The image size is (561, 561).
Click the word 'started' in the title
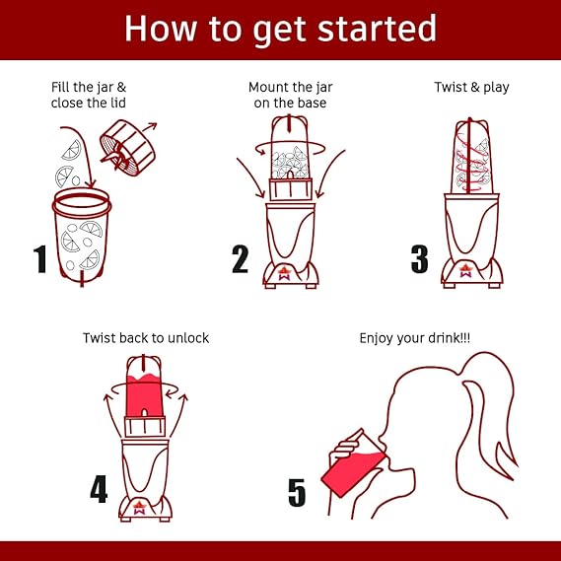point(377,29)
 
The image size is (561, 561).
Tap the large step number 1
point(40,258)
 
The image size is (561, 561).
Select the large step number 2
point(240,259)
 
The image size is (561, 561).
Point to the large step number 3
point(419,259)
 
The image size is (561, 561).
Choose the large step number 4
point(99,489)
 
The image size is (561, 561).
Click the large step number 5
point(297,493)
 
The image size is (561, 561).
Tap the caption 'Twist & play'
point(471,88)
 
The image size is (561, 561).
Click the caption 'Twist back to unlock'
point(146,338)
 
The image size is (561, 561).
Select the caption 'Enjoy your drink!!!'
point(414,338)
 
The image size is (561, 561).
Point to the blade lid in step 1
point(127,148)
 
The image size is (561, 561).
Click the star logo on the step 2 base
point(284,273)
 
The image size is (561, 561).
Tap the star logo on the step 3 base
point(465,270)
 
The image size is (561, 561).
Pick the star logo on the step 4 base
point(140,508)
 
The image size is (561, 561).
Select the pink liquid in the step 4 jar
point(144,395)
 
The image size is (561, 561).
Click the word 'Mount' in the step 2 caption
point(265,88)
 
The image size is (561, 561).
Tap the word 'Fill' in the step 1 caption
point(58,87)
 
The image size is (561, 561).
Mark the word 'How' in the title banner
point(161,29)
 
